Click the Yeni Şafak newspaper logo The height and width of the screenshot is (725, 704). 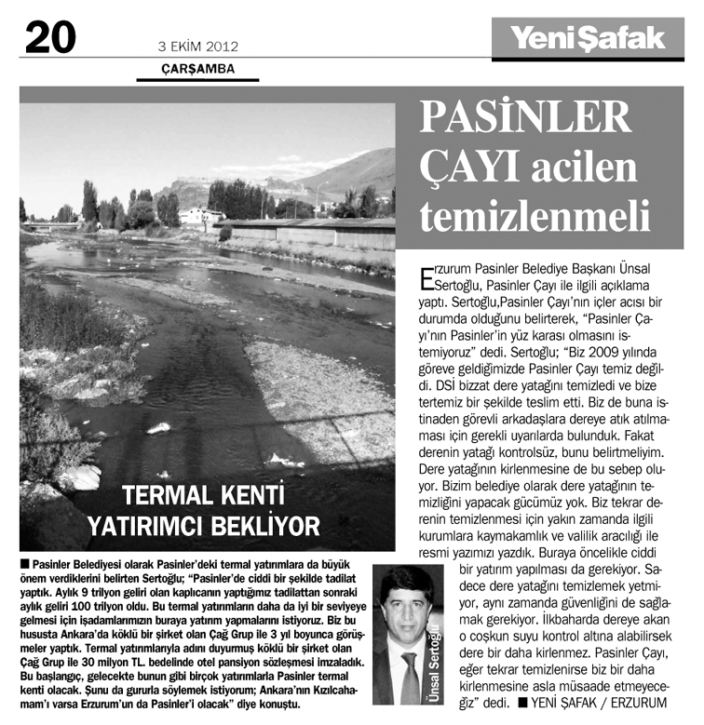(587, 38)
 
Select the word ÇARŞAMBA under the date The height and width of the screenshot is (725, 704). (196, 68)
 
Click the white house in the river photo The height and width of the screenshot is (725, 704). (201, 216)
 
